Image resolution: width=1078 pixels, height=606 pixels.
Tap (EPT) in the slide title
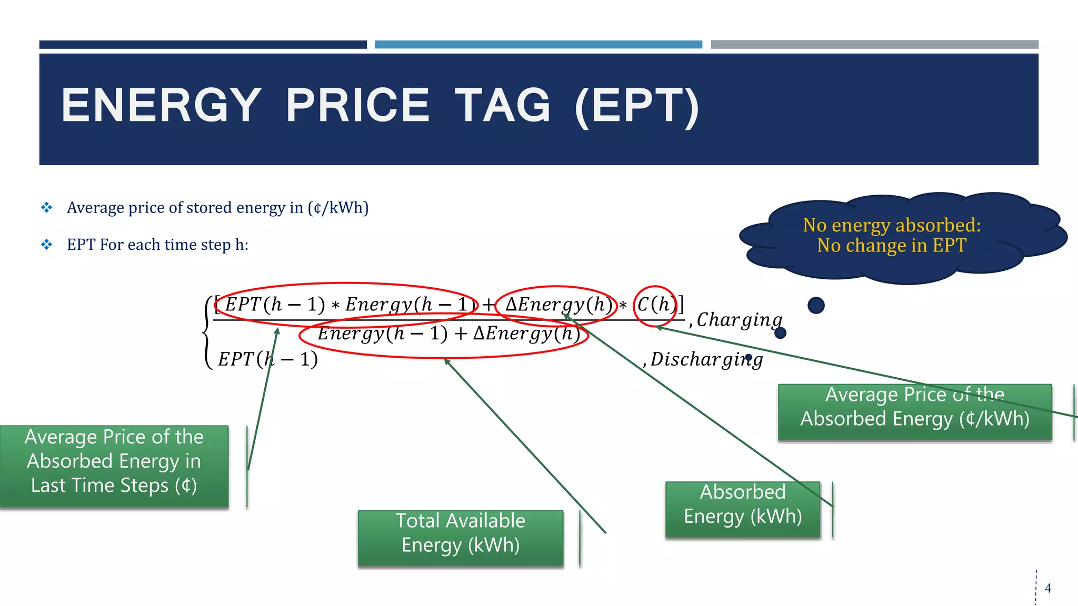point(637,106)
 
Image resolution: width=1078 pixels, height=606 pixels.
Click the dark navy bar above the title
point(203,45)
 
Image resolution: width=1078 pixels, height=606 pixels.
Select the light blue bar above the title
point(538,45)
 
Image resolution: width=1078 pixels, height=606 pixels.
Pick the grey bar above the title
point(874,45)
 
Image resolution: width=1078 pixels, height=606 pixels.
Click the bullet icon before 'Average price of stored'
point(47,207)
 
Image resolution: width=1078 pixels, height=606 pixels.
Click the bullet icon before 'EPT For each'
point(47,245)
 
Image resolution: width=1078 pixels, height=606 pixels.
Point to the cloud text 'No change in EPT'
point(892,246)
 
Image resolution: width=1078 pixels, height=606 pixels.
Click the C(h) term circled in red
point(655,305)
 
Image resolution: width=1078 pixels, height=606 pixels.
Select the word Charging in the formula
point(740,319)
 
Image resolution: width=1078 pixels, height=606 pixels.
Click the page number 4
point(1047,588)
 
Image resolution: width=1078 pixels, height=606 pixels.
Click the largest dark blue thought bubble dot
point(816,305)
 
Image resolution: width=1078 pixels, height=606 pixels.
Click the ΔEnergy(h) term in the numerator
point(558,305)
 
